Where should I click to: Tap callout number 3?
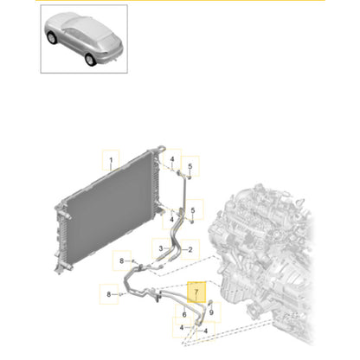click(160, 248)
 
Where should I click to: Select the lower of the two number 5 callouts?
click(190, 210)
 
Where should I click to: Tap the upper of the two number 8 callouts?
click(124, 260)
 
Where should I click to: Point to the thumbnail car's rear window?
click(104, 26)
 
